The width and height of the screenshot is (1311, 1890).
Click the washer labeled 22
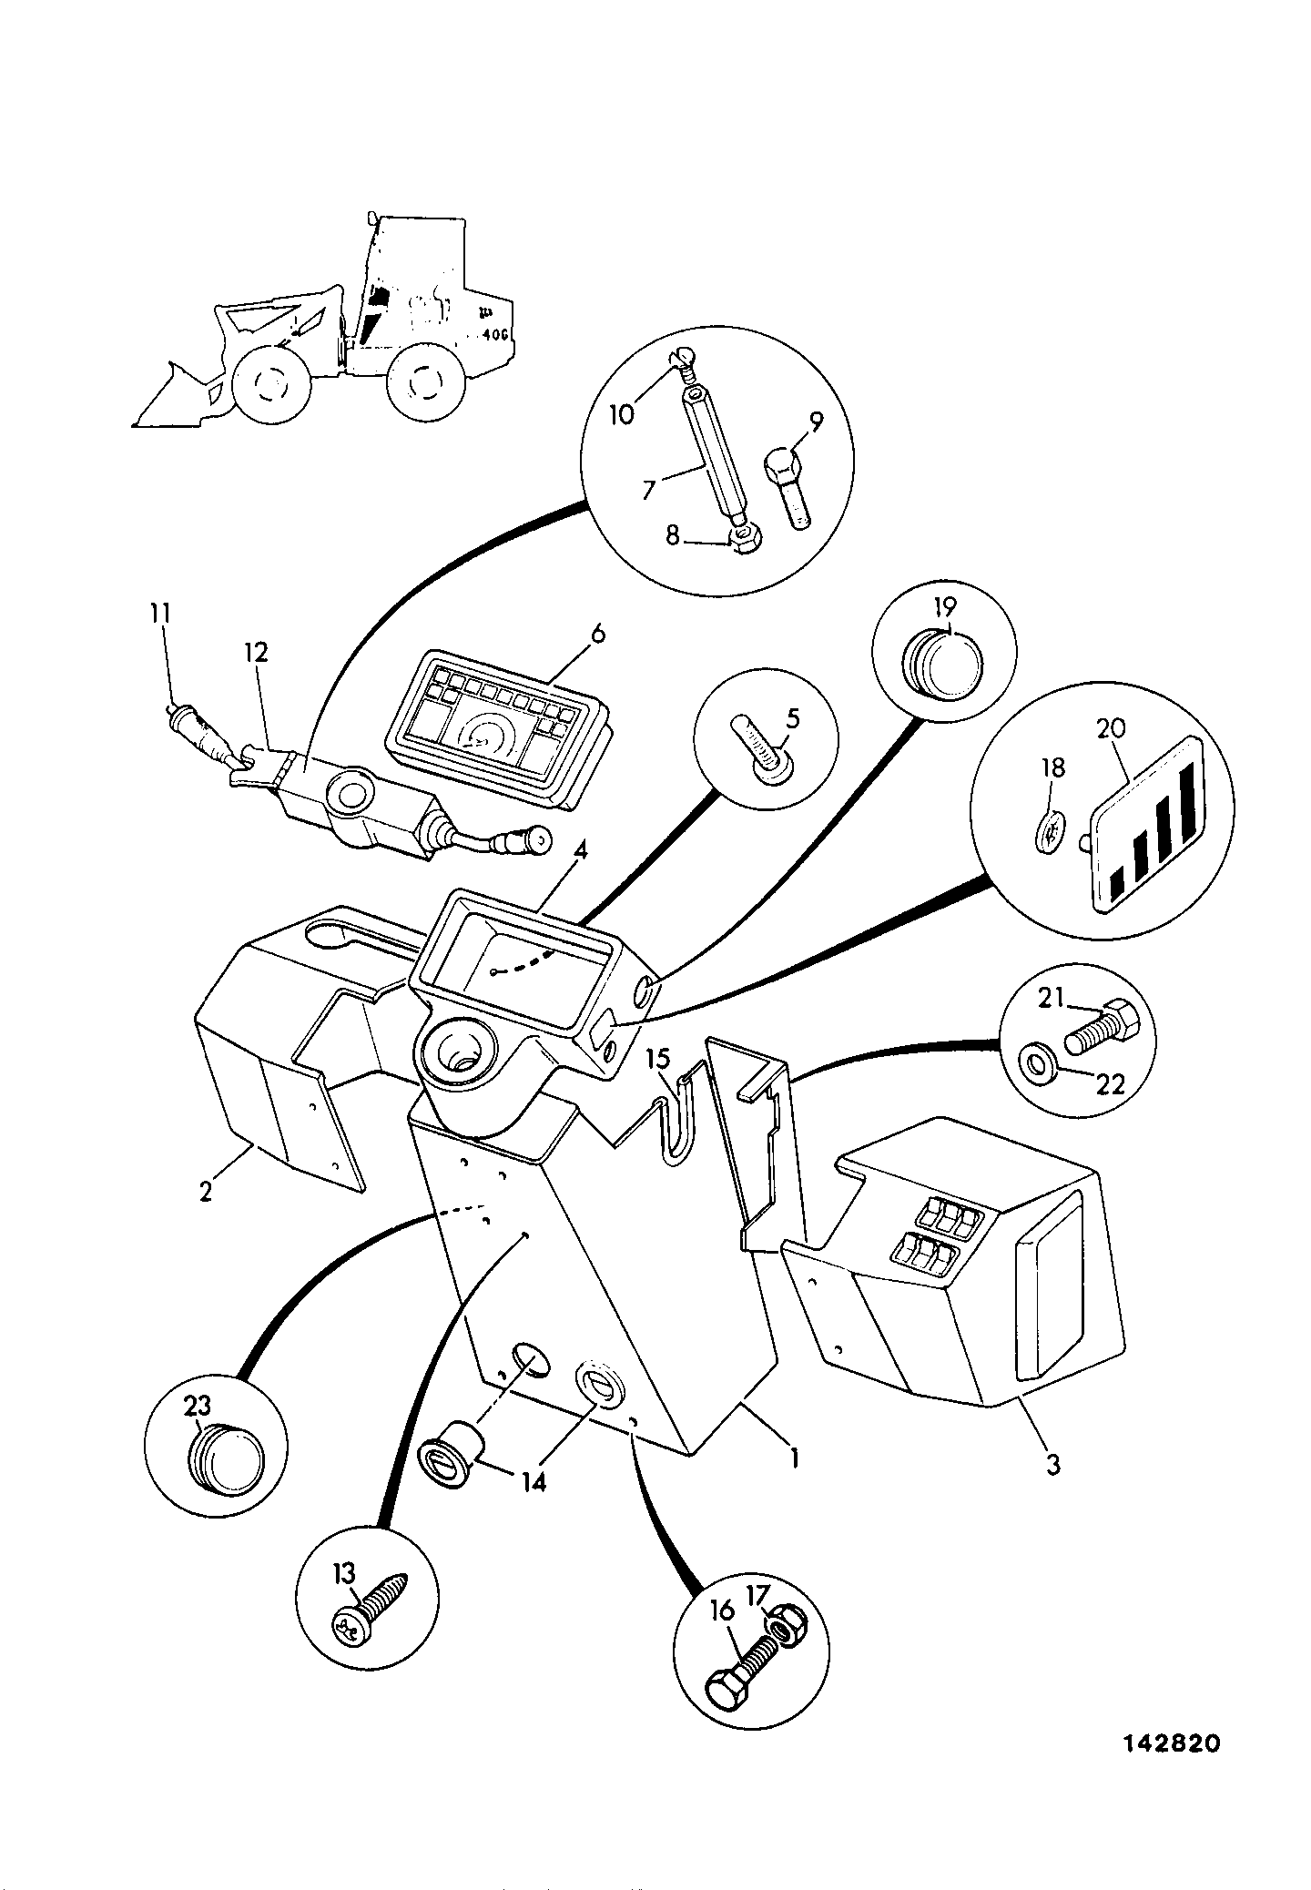point(1036,1062)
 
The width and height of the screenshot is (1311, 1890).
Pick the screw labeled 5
point(760,739)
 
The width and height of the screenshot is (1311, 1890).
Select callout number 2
point(206,1191)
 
